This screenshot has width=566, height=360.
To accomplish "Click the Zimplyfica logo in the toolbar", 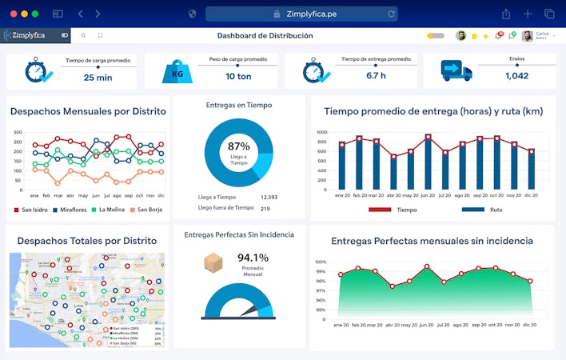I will [x=29, y=35].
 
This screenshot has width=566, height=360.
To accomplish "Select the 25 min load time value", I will [x=98, y=77].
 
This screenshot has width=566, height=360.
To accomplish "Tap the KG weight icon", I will [x=177, y=72].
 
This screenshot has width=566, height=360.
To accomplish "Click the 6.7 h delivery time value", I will [x=376, y=76].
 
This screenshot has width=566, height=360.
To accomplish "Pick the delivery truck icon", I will [x=456, y=71].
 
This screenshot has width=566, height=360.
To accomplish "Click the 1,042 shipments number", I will [x=516, y=76].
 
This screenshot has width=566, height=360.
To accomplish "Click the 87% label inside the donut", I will [x=238, y=146].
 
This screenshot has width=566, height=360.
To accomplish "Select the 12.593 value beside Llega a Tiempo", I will [x=269, y=197].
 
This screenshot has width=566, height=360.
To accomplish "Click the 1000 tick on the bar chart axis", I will [x=321, y=133].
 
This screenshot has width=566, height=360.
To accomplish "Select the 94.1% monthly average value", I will [x=253, y=258].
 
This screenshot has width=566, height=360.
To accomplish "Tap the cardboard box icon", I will [x=213, y=262].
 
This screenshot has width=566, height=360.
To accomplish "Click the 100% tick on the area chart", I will [x=321, y=262].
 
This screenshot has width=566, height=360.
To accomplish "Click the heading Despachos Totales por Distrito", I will [x=86, y=240].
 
